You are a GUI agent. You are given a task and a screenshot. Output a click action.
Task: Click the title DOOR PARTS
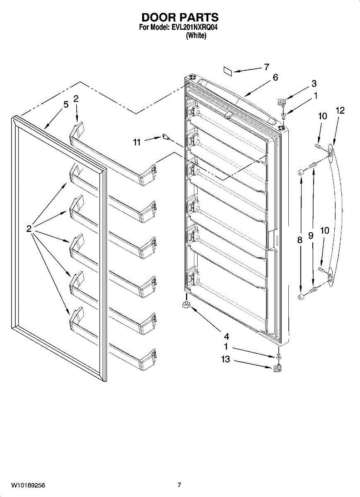tap(180, 17)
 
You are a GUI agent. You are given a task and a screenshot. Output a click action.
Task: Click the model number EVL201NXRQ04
tap(194, 27)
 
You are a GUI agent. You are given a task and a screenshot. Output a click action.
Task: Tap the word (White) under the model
tap(196, 35)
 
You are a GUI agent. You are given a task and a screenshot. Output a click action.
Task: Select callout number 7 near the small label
tap(266, 67)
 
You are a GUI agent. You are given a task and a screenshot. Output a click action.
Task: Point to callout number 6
tap(275, 77)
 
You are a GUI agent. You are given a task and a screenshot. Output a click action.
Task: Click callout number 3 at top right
tap(314, 84)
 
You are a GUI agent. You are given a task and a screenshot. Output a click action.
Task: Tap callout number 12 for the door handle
tap(340, 110)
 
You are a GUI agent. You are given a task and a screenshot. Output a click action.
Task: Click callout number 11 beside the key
tap(137, 142)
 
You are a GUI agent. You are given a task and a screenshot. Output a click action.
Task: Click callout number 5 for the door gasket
tap(66, 104)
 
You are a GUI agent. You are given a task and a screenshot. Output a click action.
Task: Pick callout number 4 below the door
tap(226, 337)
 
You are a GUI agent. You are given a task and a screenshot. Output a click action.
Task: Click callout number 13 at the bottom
tap(225, 359)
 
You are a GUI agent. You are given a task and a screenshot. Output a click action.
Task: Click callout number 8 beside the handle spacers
tap(300, 240)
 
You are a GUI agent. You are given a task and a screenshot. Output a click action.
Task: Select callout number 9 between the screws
tap(311, 236)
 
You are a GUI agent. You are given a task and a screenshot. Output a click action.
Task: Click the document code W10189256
tap(28, 485)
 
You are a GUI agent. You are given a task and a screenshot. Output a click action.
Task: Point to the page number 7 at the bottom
tap(179, 485)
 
